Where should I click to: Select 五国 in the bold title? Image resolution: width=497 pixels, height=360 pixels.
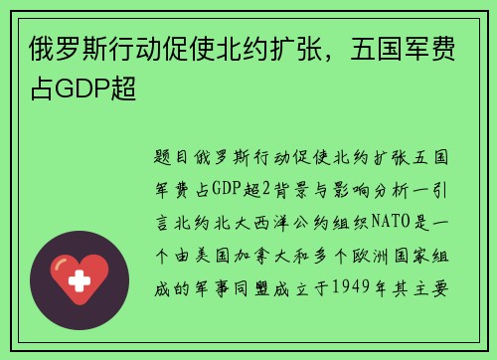(x=370, y=51)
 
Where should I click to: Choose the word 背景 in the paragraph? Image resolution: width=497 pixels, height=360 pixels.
(x=291, y=185)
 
